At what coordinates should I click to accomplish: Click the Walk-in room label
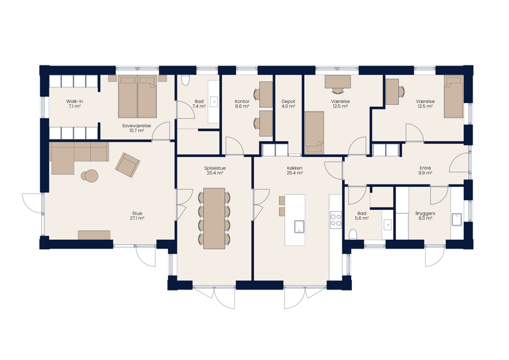tap(74, 104)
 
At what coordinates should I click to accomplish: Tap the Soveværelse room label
tap(136, 128)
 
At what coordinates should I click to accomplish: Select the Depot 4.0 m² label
tap(288, 104)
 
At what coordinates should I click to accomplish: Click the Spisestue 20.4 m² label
tap(215, 170)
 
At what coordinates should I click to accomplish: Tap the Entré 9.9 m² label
tap(425, 170)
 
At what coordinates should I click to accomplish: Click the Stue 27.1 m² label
tap(137, 216)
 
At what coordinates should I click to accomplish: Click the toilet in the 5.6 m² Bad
tap(353, 234)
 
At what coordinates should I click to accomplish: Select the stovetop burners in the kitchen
tap(336, 219)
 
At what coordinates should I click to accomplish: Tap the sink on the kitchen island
tap(299, 226)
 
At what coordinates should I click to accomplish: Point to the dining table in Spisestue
tap(214, 218)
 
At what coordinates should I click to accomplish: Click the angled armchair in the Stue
tap(128, 165)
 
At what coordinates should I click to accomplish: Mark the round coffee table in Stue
tap(90, 176)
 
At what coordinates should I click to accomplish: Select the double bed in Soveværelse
tap(137, 97)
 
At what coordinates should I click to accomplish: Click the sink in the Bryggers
tap(457, 219)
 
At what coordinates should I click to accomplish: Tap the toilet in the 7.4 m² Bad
tap(185, 80)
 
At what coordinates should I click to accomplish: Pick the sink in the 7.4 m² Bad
tap(214, 102)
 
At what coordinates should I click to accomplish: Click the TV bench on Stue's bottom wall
tap(94, 235)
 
